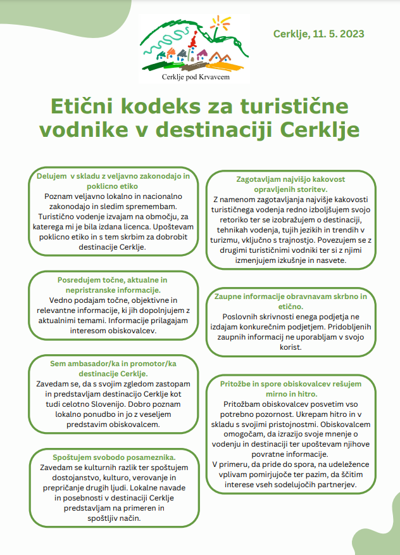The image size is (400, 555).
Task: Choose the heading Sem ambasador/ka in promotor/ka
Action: pyautogui.click(x=113, y=364)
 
